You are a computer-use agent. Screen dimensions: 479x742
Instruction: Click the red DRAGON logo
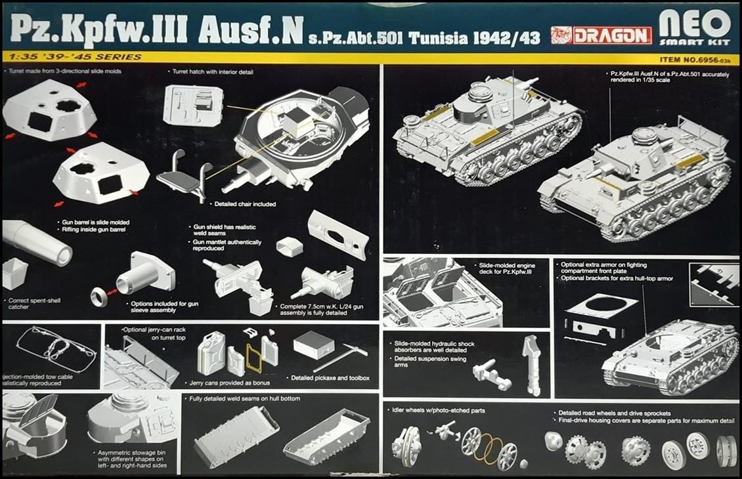click(x=601, y=35)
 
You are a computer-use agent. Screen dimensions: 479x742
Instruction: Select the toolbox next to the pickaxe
click(x=313, y=344)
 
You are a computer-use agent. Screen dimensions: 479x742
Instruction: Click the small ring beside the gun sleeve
click(x=99, y=297)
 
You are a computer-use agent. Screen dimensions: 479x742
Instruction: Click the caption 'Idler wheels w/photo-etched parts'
click(x=439, y=411)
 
